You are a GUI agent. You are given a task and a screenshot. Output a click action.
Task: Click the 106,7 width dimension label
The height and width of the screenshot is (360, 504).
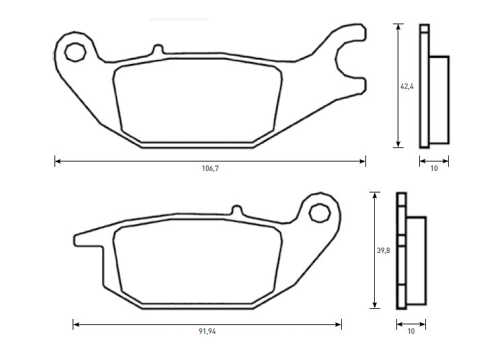(211, 168)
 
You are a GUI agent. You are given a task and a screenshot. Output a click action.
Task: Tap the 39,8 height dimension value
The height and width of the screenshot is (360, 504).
(384, 250)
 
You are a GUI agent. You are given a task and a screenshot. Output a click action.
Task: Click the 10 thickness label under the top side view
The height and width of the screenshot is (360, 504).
(434, 168)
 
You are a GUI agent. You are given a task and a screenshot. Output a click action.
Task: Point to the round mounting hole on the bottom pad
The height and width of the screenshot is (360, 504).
(318, 213)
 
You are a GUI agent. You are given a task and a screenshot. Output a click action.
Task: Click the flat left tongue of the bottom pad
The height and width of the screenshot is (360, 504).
(87, 238)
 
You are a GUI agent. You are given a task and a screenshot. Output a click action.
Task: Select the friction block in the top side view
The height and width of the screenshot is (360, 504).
(439, 100)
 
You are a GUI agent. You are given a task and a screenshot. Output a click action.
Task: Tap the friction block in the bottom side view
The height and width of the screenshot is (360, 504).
(416, 259)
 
